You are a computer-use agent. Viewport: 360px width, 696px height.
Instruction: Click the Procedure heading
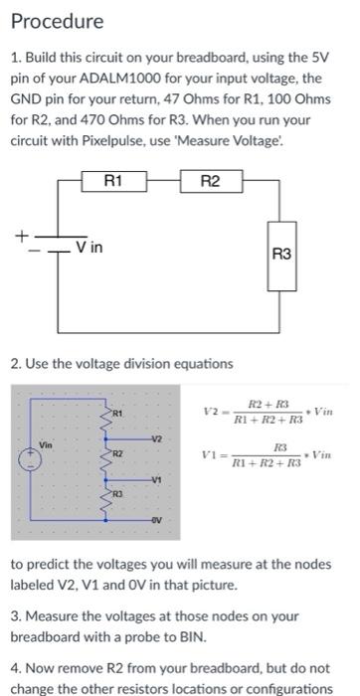[x=57, y=20]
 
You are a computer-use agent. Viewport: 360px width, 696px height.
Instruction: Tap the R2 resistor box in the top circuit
[x=210, y=181]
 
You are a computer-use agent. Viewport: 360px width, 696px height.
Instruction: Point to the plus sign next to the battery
[x=18, y=236]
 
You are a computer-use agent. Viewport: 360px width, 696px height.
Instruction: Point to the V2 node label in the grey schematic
[x=157, y=438]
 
